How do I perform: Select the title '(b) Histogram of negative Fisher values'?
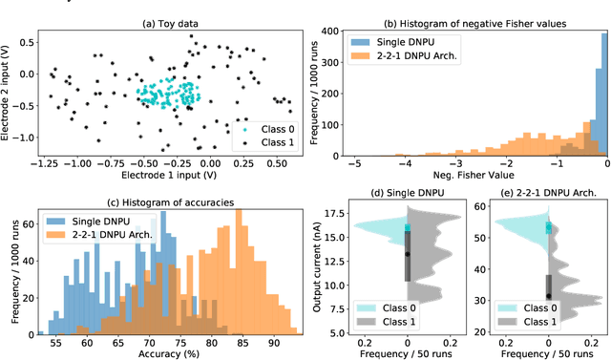click(478, 9)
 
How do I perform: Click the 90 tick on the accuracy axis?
click(274, 341)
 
